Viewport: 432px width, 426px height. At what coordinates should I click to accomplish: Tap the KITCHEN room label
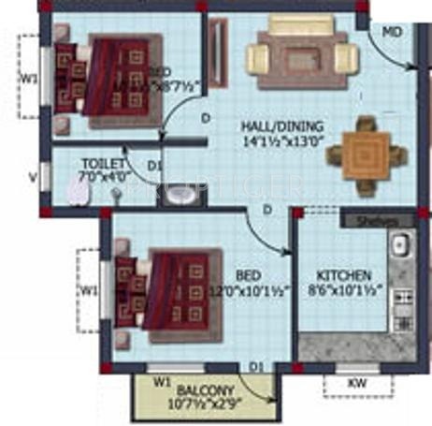coord(344,276)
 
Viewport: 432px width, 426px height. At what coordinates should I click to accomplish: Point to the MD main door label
coord(394,32)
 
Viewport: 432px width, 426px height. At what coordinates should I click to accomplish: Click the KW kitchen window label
coord(357,382)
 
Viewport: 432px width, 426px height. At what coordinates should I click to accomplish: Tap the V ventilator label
coord(33,174)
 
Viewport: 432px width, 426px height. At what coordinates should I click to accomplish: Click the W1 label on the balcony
coord(161,381)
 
